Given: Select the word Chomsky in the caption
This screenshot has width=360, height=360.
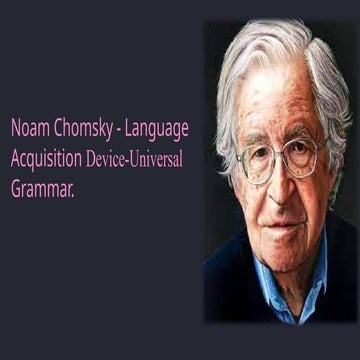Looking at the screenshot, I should point(84,128).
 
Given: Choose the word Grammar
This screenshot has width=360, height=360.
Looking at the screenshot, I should point(43,185).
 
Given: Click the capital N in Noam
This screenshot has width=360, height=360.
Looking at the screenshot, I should point(16,128).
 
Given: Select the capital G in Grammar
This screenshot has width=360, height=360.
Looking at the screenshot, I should point(16,185).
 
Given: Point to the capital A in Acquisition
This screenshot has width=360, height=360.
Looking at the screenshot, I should point(16,157).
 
